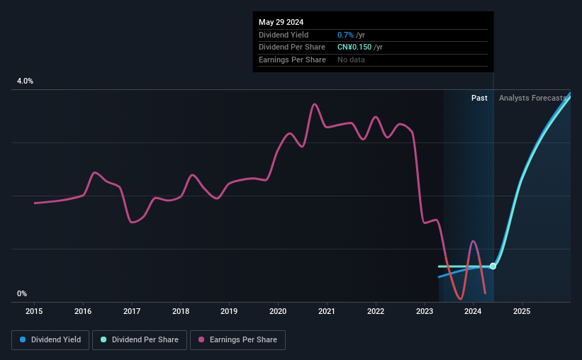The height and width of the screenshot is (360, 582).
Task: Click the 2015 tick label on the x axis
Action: [34, 311]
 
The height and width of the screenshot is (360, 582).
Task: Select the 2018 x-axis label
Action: [181, 311]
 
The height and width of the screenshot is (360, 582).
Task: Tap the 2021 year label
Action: [327, 311]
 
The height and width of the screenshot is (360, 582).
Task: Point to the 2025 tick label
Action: [522, 311]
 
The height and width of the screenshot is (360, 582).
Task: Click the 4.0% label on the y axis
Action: [25, 81]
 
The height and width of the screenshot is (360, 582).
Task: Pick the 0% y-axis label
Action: [22, 293]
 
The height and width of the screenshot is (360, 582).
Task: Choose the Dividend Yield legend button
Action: [50, 340]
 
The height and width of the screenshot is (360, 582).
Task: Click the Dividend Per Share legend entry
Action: [140, 340]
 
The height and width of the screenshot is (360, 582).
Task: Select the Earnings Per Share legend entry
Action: [237, 340]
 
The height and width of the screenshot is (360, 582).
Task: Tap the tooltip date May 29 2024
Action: [281, 22]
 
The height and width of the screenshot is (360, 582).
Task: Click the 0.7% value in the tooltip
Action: [345, 35]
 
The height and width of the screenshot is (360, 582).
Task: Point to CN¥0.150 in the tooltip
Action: [354, 47]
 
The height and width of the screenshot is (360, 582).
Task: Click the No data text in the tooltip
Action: [351, 60]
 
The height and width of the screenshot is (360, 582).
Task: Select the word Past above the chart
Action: [479, 98]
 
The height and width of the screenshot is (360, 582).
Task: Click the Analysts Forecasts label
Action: [532, 98]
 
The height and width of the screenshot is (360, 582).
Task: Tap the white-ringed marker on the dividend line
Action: [493, 266]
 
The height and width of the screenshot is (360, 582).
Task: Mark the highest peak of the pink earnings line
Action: [314, 104]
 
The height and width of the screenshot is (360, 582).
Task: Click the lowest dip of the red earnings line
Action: [461, 298]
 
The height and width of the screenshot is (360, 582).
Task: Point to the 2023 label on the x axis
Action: [424, 311]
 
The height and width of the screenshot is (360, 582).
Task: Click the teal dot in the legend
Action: [103, 339]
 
